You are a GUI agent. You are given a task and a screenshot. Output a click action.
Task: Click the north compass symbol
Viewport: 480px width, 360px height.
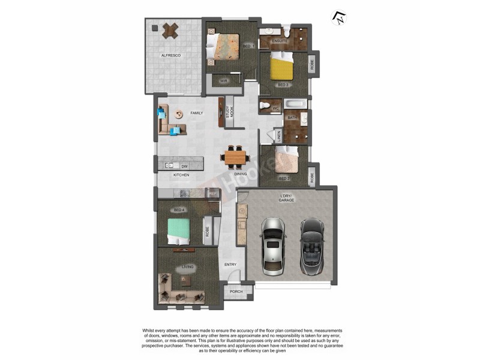pos(340,18)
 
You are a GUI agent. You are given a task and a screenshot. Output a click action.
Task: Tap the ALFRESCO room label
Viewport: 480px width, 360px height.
pos(171,56)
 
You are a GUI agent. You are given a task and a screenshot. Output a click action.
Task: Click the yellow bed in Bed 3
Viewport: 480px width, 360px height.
pos(281,68)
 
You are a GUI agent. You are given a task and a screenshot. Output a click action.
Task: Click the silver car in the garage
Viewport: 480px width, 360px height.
pos(272,244)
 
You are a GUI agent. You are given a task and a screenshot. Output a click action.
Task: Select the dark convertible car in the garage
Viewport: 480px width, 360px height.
pos(311,244)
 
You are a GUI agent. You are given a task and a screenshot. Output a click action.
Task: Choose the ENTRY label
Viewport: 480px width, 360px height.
pos(230,265)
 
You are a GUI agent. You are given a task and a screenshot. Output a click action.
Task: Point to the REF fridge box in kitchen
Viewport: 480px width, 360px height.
pos(212,193)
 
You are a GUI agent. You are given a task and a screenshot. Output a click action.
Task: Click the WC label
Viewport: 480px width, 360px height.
pos(275,109)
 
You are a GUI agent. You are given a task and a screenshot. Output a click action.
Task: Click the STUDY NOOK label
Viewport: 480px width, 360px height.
pos(230,112)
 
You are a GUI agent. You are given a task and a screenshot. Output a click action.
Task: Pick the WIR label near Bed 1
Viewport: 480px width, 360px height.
pos(223,80)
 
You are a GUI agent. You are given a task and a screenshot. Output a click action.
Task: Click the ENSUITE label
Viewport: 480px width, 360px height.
pos(281,41)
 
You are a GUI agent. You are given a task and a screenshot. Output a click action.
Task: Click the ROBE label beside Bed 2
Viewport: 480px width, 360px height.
pos(312,178)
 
